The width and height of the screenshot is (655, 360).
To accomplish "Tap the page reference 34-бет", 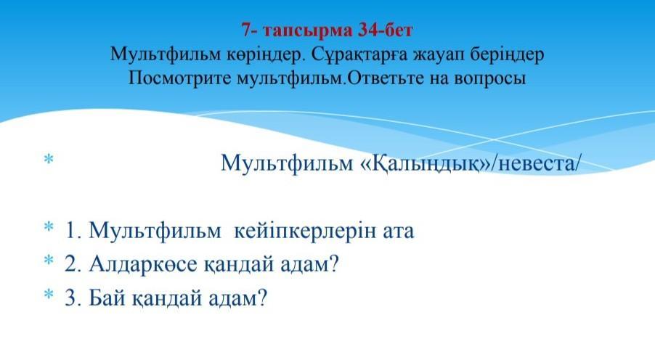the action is point(385,30).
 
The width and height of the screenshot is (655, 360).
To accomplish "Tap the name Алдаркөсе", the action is point(142,264).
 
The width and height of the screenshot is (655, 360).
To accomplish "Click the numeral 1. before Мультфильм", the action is point(73,231).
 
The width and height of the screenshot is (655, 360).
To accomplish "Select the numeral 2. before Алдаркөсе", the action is point(73,264).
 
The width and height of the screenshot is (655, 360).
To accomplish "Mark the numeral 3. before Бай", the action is point(73,298).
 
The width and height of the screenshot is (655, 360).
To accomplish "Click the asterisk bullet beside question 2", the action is point(49,260).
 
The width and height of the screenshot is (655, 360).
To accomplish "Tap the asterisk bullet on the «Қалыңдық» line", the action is point(49,159).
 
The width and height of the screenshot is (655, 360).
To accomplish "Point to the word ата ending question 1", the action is point(399,232).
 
